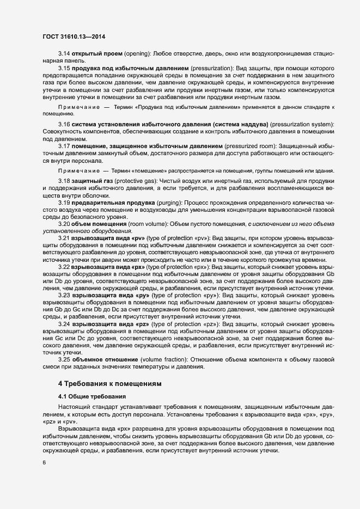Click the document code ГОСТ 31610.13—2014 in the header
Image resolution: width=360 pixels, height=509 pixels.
(74, 36)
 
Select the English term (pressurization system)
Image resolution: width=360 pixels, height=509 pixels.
(304, 125)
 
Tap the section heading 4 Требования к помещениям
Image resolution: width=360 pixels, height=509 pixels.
(110, 384)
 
